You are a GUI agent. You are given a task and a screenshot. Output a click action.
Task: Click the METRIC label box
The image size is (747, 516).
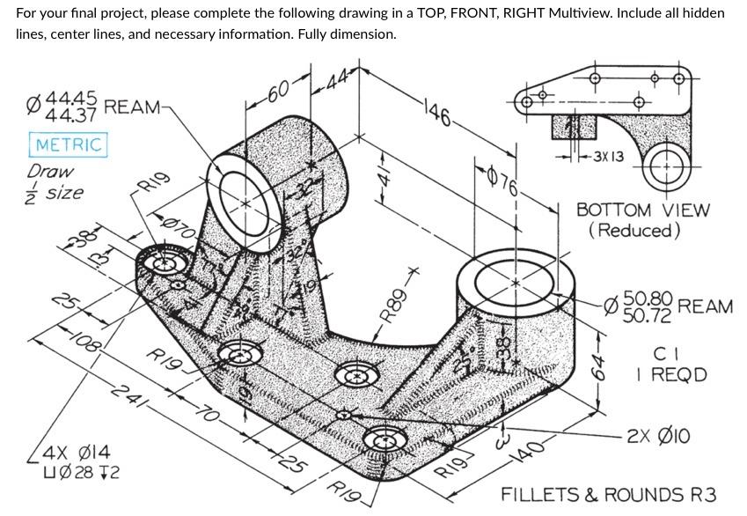[69, 144]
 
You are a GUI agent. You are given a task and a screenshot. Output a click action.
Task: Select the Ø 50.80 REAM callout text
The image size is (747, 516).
[669, 306]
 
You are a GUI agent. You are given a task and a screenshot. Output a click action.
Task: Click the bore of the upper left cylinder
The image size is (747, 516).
[240, 202]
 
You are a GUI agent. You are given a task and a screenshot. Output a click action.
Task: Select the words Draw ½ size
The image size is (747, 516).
[55, 181]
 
